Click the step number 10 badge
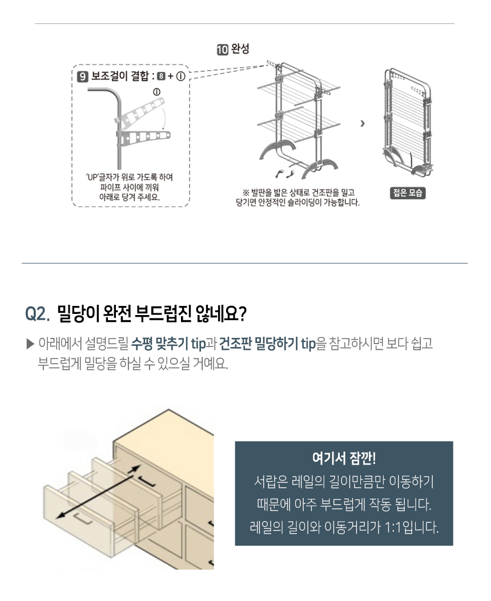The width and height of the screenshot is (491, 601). [222, 50]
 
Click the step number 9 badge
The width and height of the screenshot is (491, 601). [83, 76]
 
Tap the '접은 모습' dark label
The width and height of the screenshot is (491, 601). [408, 193]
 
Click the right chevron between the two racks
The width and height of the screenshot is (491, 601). [363, 123]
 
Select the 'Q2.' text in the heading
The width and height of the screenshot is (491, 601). [38, 314]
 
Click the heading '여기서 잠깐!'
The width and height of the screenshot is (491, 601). [344, 458]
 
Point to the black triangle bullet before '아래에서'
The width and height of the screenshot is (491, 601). [30, 344]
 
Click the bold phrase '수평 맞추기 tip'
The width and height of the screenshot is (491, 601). [168, 344]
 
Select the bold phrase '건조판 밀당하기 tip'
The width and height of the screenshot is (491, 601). [267, 344]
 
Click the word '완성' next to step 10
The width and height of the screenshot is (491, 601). [240, 49]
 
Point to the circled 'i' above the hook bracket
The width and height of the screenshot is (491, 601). [156, 92]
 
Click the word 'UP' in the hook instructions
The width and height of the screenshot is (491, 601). [92, 178]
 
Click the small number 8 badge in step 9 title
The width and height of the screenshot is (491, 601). [162, 76]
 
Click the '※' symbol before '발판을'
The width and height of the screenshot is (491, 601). [247, 192]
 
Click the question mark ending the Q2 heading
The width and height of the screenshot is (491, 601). [242, 314]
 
